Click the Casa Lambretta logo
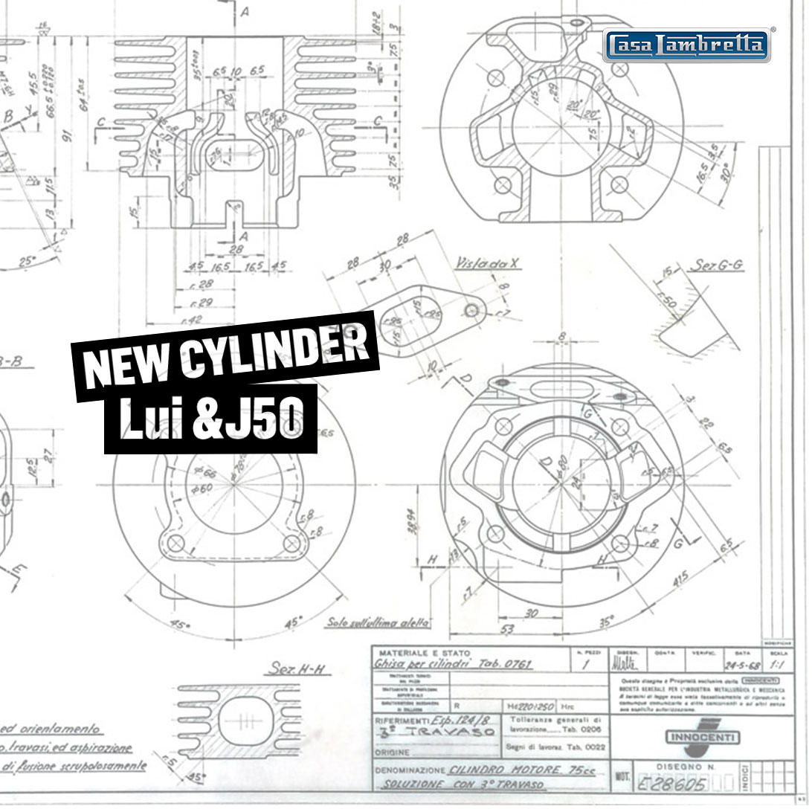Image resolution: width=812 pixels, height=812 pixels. (x=686, y=45)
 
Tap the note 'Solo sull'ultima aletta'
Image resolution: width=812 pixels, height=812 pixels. (x=378, y=622)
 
